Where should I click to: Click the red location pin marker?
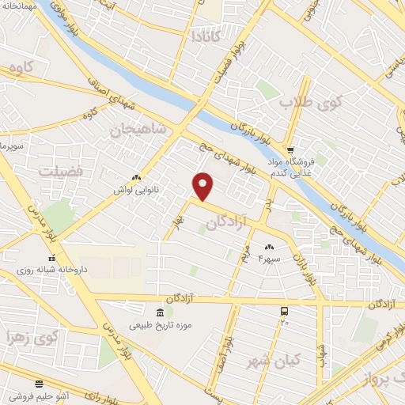click(203, 186)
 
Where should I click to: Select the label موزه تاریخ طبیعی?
click(161, 325)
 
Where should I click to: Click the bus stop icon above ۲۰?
click(284, 311)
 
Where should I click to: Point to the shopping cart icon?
click(290, 150)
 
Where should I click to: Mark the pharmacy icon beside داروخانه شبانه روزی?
click(53, 258)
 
